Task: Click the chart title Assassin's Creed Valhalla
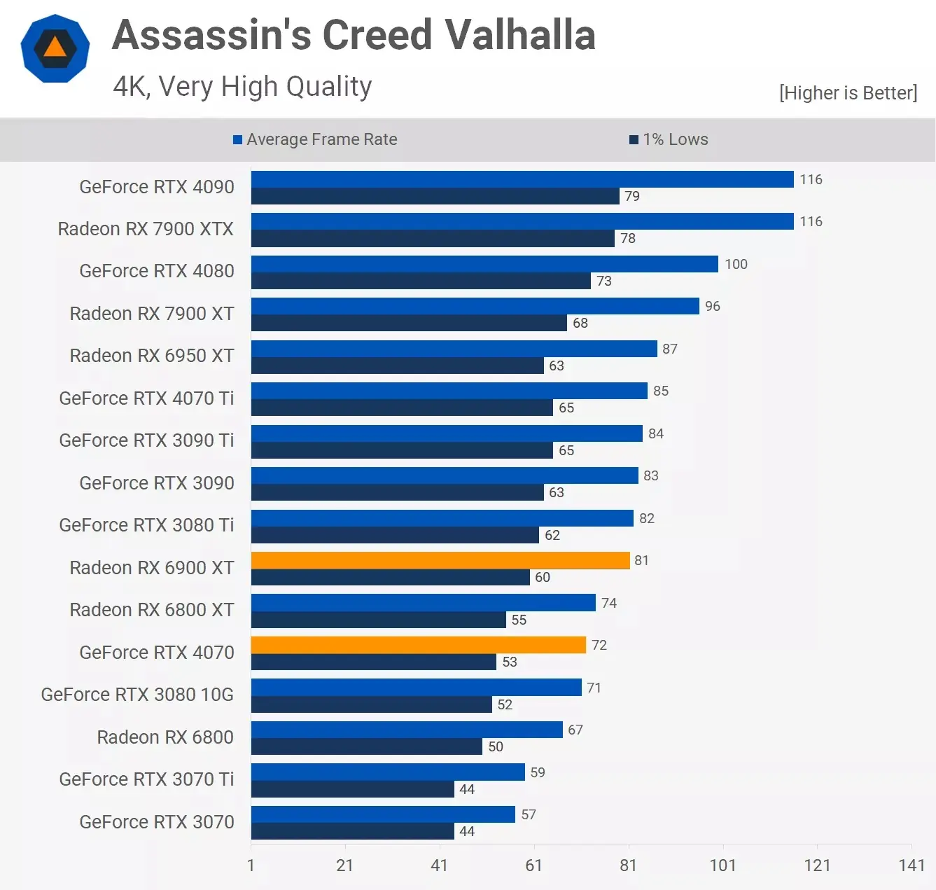354,35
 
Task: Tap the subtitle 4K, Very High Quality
242,87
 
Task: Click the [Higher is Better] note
847,93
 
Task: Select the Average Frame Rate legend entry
316,139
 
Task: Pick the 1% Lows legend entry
669,139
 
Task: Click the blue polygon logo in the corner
55,48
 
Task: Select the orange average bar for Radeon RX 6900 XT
440,560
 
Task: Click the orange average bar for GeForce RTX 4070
418,645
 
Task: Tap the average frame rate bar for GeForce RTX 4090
522,179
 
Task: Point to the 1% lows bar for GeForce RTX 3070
352,831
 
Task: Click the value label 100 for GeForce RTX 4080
736,264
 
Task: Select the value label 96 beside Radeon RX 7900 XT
712,306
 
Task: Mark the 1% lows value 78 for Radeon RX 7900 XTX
628,239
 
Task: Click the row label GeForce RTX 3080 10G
137,695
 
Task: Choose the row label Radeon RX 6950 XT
151,356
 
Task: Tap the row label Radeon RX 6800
165,737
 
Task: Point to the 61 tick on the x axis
533,865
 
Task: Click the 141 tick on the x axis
911,865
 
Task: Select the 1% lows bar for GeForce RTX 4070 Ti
402,408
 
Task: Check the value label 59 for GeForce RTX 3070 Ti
537,772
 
